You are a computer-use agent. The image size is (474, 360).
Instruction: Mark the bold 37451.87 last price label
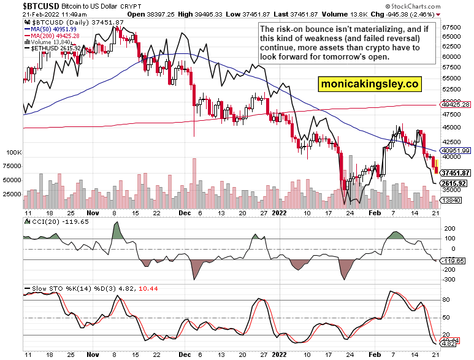click(455, 173)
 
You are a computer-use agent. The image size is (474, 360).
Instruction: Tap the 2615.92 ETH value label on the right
click(454, 183)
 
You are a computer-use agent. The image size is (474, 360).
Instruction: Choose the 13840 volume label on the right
click(453, 201)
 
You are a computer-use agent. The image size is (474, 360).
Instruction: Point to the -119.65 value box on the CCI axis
click(454, 261)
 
